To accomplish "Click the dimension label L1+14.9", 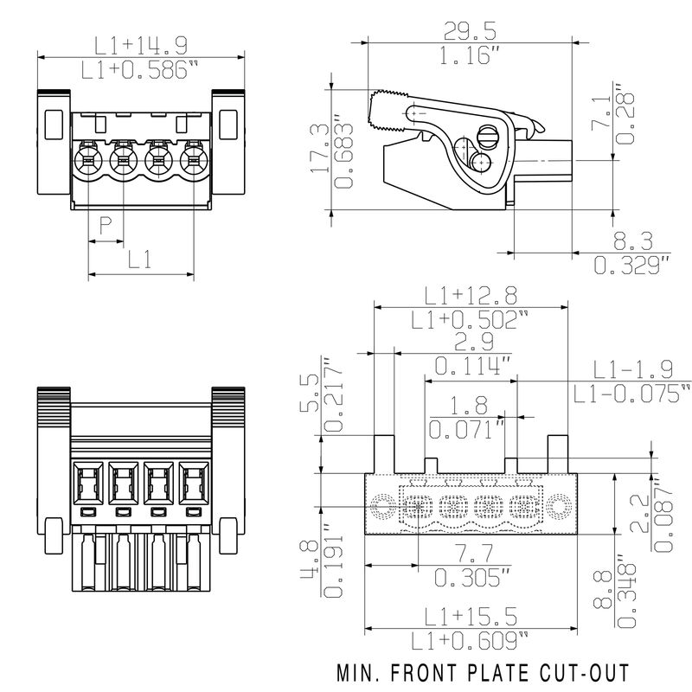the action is click(x=141, y=45).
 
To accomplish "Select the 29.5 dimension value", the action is click(x=470, y=31).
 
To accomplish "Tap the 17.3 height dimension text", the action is click(x=319, y=148).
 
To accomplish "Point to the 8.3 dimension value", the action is click(x=633, y=241).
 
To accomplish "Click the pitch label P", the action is click(x=105, y=225).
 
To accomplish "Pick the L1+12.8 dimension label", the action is click(x=471, y=296).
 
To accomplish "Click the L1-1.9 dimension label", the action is click(x=633, y=369).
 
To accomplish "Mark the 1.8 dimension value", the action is click(x=469, y=405).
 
